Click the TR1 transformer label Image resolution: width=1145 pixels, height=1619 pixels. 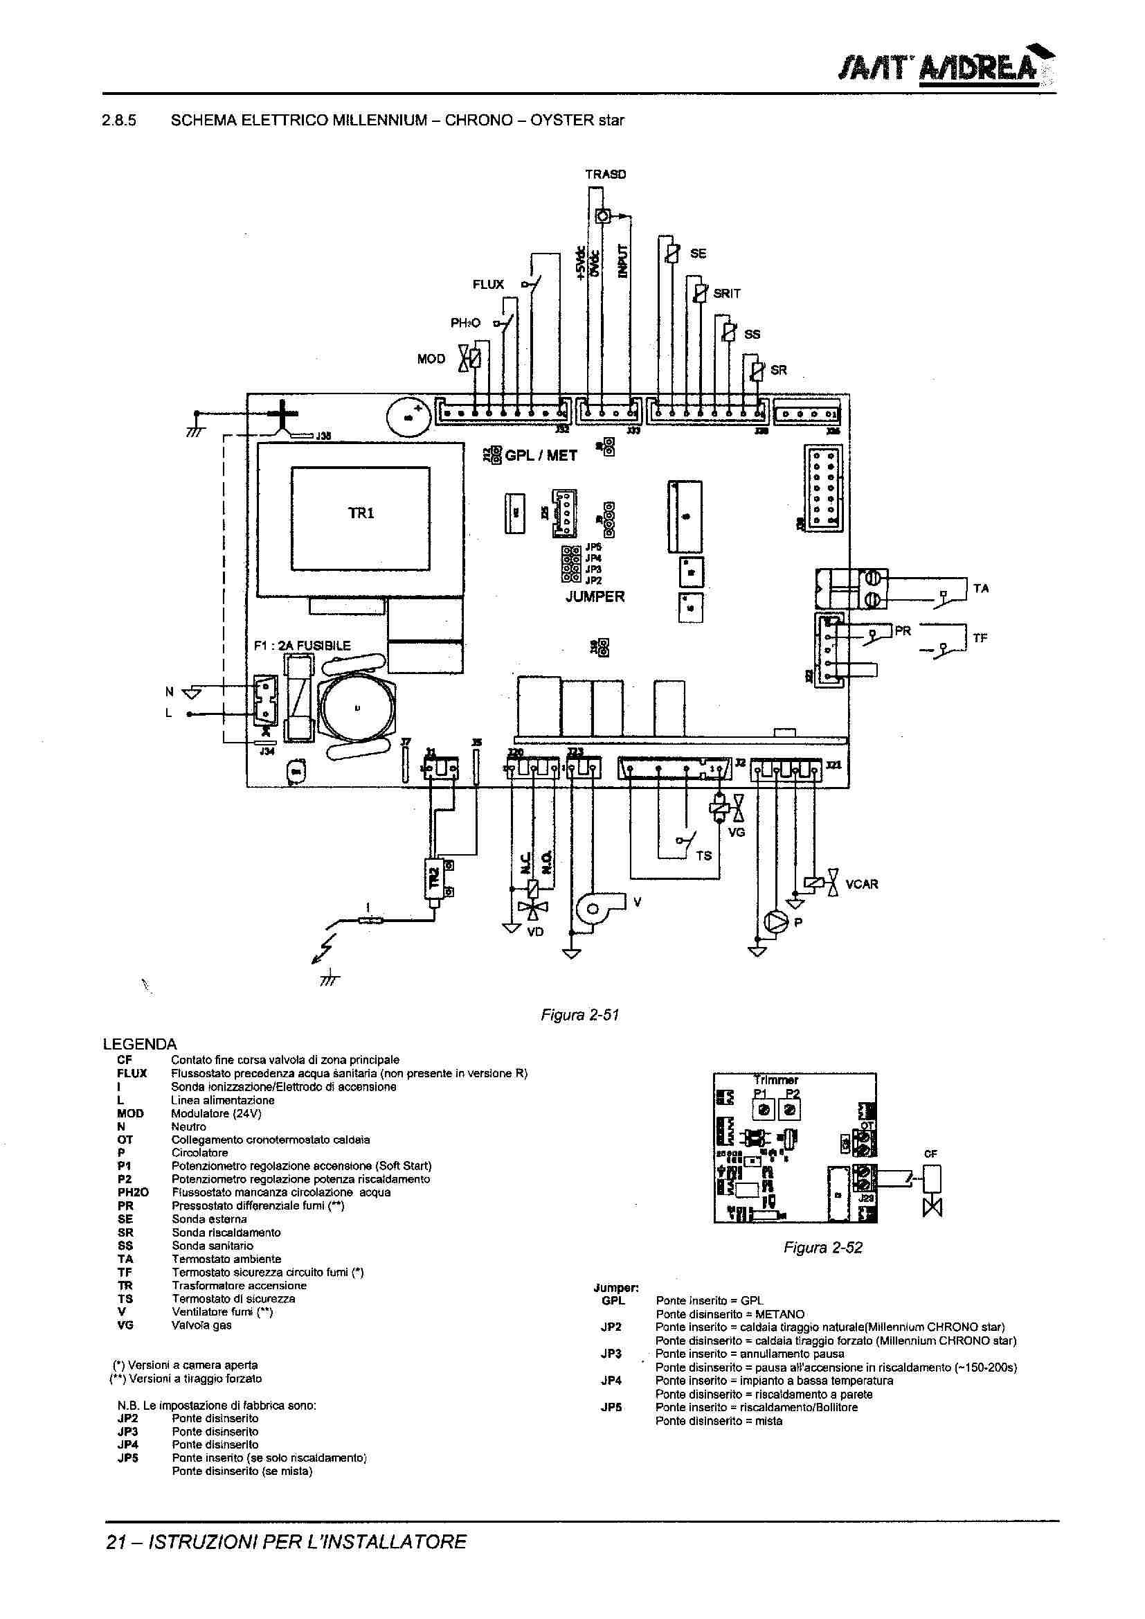[x=360, y=513]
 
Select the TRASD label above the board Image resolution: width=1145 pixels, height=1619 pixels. [x=606, y=175]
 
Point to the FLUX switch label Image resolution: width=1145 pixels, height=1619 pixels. [x=488, y=284]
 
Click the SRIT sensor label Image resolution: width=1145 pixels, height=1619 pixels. [x=727, y=294]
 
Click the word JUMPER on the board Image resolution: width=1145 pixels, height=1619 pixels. [x=595, y=596]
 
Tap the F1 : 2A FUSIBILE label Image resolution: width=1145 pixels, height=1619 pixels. [x=302, y=646]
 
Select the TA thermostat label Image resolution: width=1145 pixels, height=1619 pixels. [x=981, y=588]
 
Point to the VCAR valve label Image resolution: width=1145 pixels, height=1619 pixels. [x=862, y=884]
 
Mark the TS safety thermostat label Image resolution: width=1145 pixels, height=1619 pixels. [x=703, y=856]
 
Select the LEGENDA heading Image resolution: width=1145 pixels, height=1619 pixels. [x=140, y=1044]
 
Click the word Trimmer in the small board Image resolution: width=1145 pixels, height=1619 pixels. [x=775, y=1080]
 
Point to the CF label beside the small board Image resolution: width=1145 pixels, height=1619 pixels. [x=930, y=1155]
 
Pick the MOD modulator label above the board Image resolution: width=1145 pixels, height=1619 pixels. [x=431, y=359]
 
